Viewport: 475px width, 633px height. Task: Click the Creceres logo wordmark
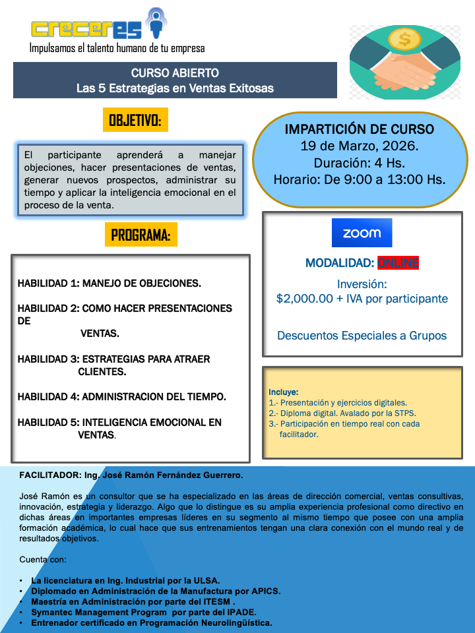click(89, 28)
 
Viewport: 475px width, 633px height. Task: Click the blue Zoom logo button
click(362, 233)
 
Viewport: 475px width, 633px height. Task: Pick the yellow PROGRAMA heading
click(141, 235)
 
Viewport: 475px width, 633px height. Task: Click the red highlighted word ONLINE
click(398, 263)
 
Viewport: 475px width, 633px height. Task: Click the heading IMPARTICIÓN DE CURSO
click(360, 129)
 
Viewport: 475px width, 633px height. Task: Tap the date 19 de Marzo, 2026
click(360, 146)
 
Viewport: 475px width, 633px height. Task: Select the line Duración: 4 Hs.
click(360, 162)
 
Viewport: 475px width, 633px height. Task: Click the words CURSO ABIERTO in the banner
click(175, 73)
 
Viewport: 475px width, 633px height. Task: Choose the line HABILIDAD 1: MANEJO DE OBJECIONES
click(110, 284)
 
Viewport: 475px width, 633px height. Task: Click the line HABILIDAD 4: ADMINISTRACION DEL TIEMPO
click(121, 396)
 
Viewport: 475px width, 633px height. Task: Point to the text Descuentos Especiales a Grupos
click(362, 336)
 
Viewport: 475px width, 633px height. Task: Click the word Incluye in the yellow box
click(284, 392)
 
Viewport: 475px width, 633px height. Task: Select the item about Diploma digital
click(342, 413)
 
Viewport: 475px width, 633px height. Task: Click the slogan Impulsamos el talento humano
click(117, 48)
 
